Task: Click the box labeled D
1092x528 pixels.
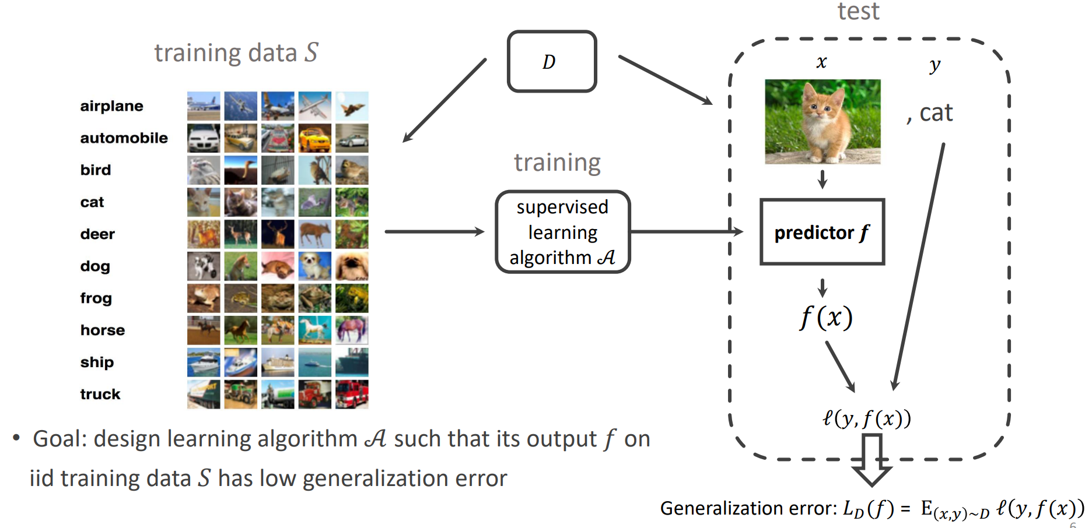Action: [x=552, y=61]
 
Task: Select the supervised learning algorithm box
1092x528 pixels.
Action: [x=562, y=232]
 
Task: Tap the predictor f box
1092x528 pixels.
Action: [x=822, y=232]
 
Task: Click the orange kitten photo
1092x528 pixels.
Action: [x=822, y=121]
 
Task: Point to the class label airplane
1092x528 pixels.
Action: [x=111, y=106]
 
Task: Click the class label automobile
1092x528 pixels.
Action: [x=124, y=138]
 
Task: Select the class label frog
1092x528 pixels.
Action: [x=96, y=298]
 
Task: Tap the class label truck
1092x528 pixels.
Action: [x=100, y=395]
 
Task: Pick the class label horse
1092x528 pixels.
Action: [x=103, y=330]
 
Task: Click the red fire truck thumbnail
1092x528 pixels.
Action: [x=352, y=395]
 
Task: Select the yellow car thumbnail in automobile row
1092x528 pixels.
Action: [x=315, y=138]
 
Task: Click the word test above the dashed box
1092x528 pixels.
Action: [x=858, y=11]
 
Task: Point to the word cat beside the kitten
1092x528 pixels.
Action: [x=936, y=112]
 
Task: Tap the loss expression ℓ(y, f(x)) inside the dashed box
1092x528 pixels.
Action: [x=866, y=418]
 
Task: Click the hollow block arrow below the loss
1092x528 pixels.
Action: [x=871, y=460]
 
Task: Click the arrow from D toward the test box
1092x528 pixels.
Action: [x=666, y=80]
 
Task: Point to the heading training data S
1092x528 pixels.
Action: [x=236, y=52]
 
